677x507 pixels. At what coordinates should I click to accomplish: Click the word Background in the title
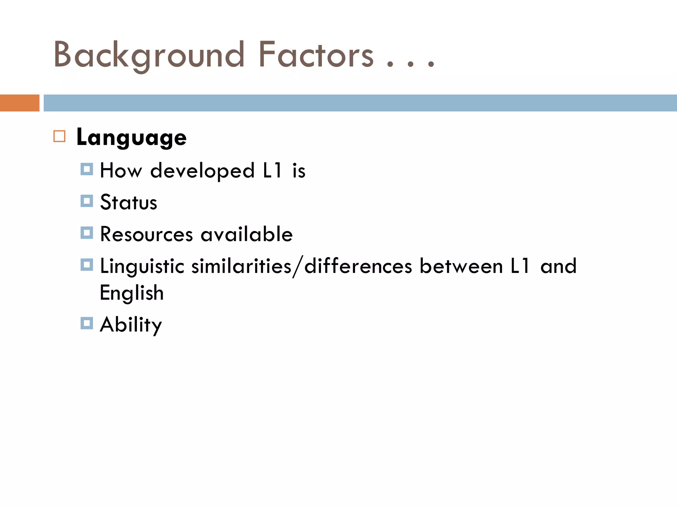(x=149, y=55)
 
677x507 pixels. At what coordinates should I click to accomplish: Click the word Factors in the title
(x=316, y=55)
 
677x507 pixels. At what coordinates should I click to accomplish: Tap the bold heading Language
(x=131, y=137)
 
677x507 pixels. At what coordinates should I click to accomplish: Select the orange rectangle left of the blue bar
(x=20, y=103)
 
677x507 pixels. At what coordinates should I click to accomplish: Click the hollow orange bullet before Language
(x=60, y=136)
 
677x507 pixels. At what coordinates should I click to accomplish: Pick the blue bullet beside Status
(x=87, y=201)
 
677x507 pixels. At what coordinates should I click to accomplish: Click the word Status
(x=129, y=202)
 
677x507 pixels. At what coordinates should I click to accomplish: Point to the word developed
(x=202, y=171)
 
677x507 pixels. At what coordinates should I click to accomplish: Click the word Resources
(x=146, y=234)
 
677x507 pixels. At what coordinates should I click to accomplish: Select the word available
(x=247, y=234)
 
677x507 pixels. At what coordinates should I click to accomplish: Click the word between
(x=461, y=266)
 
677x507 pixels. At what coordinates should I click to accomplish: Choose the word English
(x=132, y=293)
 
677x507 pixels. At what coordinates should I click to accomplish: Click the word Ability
(x=131, y=325)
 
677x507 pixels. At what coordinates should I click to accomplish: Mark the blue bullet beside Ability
(x=87, y=323)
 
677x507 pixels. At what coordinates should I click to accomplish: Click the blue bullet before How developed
(x=87, y=169)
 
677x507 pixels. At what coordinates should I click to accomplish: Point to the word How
(x=121, y=171)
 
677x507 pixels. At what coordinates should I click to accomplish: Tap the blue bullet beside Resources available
(x=87, y=233)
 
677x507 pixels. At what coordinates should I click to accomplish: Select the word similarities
(x=241, y=266)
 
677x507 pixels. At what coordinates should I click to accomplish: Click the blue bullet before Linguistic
(x=87, y=265)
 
